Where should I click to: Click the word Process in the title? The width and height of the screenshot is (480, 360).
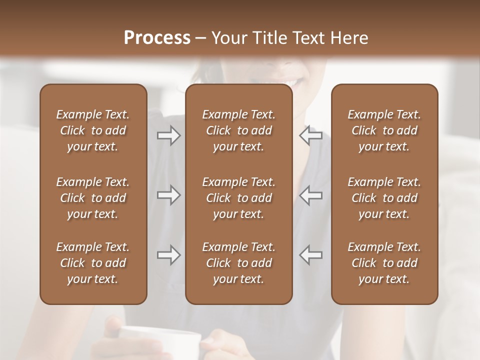pyautogui.click(x=157, y=38)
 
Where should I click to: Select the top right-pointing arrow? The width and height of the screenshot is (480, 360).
pyautogui.click(x=169, y=135)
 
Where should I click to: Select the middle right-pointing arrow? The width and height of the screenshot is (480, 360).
pyautogui.click(x=169, y=195)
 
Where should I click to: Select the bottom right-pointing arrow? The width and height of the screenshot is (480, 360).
pyautogui.click(x=169, y=255)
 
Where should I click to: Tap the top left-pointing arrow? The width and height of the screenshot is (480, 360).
pyautogui.click(x=311, y=135)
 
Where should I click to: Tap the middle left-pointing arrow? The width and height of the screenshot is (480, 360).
pyautogui.click(x=311, y=195)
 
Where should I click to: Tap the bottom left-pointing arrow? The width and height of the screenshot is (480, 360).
pyautogui.click(x=311, y=255)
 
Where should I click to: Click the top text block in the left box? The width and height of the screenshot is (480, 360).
pyautogui.click(x=93, y=130)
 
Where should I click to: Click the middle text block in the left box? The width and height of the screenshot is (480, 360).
pyautogui.click(x=93, y=198)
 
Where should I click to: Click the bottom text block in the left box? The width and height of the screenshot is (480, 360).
pyautogui.click(x=93, y=263)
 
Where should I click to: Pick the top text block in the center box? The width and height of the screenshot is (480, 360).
pyautogui.click(x=238, y=130)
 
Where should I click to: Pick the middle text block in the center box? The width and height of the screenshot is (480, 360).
pyautogui.click(x=238, y=198)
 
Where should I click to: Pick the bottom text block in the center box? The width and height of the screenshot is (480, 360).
pyautogui.click(x=238, y=263)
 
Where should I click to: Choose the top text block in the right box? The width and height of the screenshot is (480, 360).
pyautogui.click(x=384, y=130)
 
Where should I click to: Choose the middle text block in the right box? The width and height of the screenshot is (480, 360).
pyautogui.click(x=384, y=198)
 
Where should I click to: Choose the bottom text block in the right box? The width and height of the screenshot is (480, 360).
pyautogui.click(x=384, y=263)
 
